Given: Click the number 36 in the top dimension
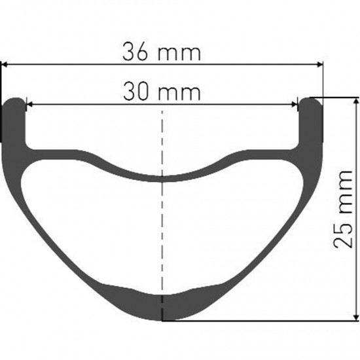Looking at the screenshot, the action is pos(135,51).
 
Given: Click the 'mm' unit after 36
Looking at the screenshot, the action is pos(179,54).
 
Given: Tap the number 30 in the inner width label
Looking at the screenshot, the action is pos(135,91).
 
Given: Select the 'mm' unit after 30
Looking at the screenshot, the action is pos(179,94).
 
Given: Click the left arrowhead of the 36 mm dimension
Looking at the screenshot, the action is pos(5,65).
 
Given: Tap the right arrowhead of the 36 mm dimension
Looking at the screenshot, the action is pos(320,65).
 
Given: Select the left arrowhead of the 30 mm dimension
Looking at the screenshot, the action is pos(30,105).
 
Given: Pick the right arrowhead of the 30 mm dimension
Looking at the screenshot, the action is pos(294,105).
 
